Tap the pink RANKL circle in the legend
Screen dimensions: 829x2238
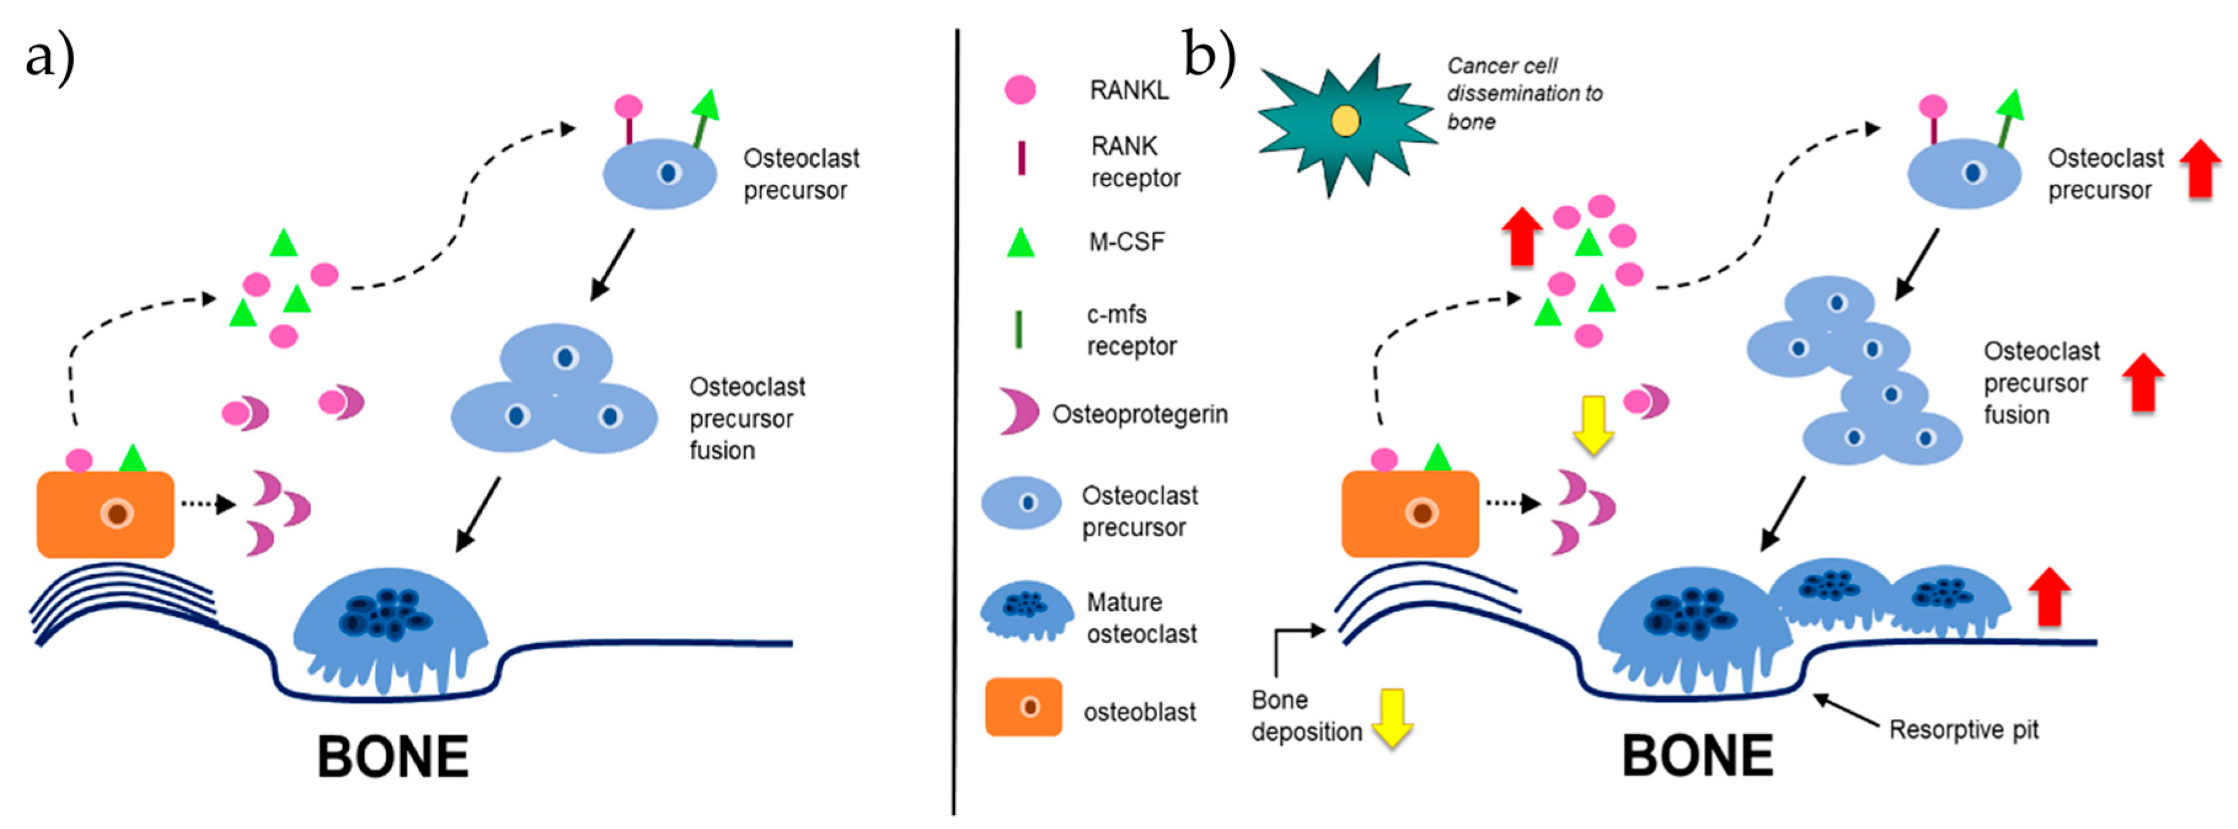click(1020, 90)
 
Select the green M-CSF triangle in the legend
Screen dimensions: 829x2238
click(1021, 243)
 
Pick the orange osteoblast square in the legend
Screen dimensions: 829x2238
click(1023, 707)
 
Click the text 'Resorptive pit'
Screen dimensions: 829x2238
click(1963, 730)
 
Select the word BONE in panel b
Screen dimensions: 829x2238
click(1698, 755)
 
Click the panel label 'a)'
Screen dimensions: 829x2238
click(50, 59)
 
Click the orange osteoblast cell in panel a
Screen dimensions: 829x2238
click(105, 514)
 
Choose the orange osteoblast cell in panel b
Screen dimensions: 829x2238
click(1410, 514)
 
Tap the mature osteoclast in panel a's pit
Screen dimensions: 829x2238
click(389, 626)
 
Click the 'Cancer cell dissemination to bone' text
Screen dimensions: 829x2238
click(1524, 93)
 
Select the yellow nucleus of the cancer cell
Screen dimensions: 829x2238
click(1345, 121)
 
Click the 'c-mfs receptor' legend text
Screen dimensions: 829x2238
click(1131, 330)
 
